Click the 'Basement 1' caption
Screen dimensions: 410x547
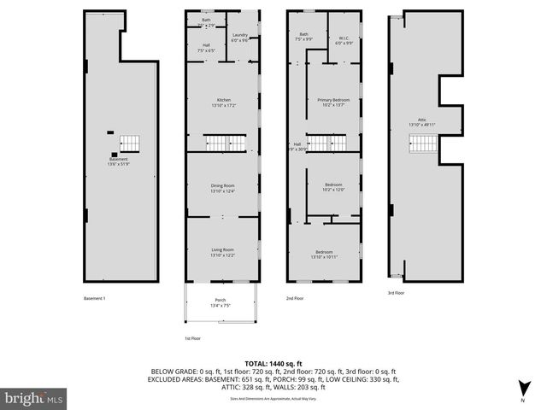[x=94, y=298]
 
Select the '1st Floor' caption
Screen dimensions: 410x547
[x=192, y=338]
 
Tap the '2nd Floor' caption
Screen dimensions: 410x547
[x=295, y=298]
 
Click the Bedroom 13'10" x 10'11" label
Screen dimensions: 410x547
[x=324, y=254]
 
